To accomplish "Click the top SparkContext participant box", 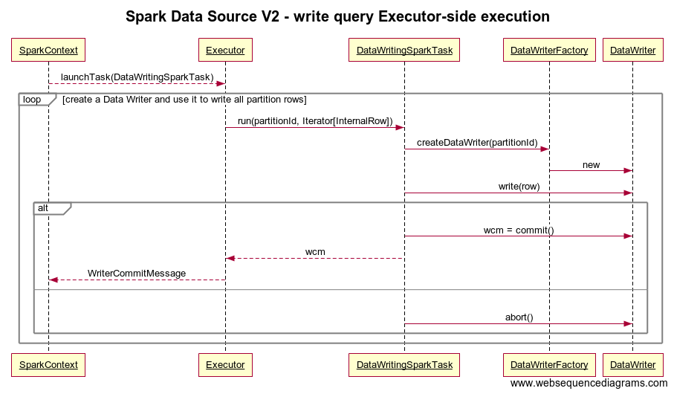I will click(x=48, y=51).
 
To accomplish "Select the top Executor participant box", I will click(x=225, y=51).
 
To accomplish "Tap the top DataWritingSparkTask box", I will click(x=404, y=51).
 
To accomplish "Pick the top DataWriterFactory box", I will click(x=549, y=51).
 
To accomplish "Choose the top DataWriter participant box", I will click(x=632, y=51).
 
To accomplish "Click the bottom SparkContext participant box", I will click(x=48, y=365).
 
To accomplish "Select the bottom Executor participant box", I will click(x=225, y=365).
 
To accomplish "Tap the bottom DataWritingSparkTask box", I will click(x=404, y=365).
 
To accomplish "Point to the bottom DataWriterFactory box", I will click(x=549, y=365).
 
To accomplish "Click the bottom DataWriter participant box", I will click(x=632, y=365).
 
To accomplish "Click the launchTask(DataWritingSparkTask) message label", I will click(x=137, y=77).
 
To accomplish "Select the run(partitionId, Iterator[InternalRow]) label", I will click(x=314, y=121).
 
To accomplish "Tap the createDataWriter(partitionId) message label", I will click(x=476, y=143).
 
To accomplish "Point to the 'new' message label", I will click(x=591, y=165).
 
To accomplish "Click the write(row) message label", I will click(x=519, y=187).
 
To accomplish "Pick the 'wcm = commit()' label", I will click(x=519, y=230).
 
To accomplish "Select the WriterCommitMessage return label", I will click(x=137, y=274).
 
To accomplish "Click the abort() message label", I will click(x=519, y=317).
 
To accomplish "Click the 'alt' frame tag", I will click(x=44, y=208).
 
